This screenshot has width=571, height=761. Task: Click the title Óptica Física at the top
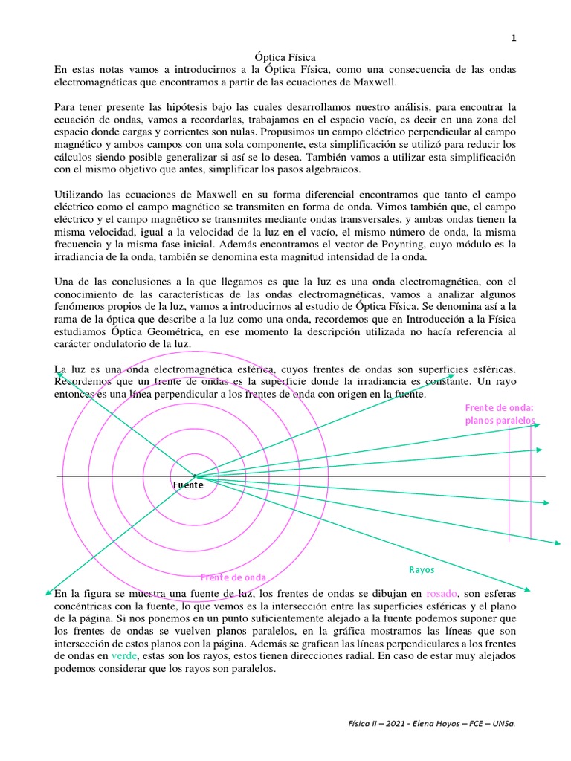[x=285, y=56]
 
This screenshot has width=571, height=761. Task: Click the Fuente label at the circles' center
[x=189, y=485]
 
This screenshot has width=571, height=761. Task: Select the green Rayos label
[x=422, y=570]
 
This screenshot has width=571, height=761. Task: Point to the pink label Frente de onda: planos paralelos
[x=500, y=414]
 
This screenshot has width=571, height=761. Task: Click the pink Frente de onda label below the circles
[x=233, y=577]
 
